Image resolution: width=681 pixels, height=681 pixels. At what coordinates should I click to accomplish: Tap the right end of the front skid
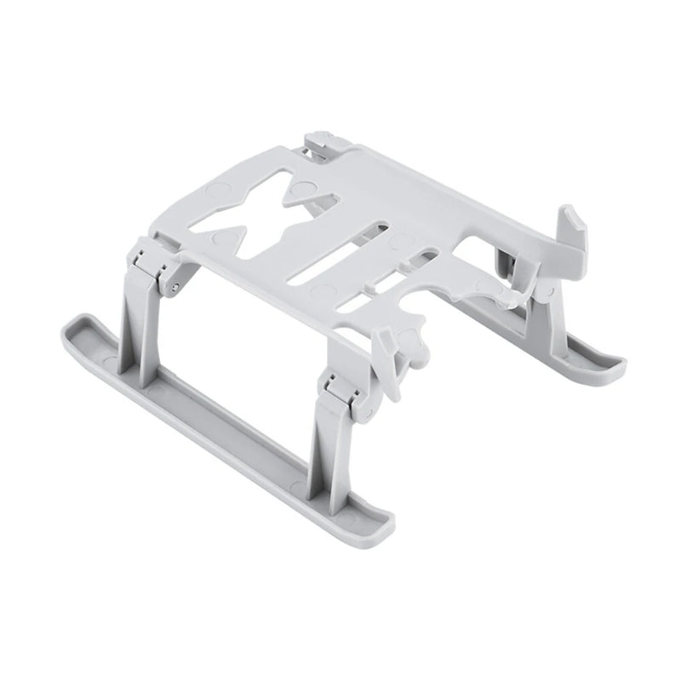[x=379, y=515]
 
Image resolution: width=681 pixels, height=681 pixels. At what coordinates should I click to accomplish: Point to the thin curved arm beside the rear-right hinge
[x=502, y=294]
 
